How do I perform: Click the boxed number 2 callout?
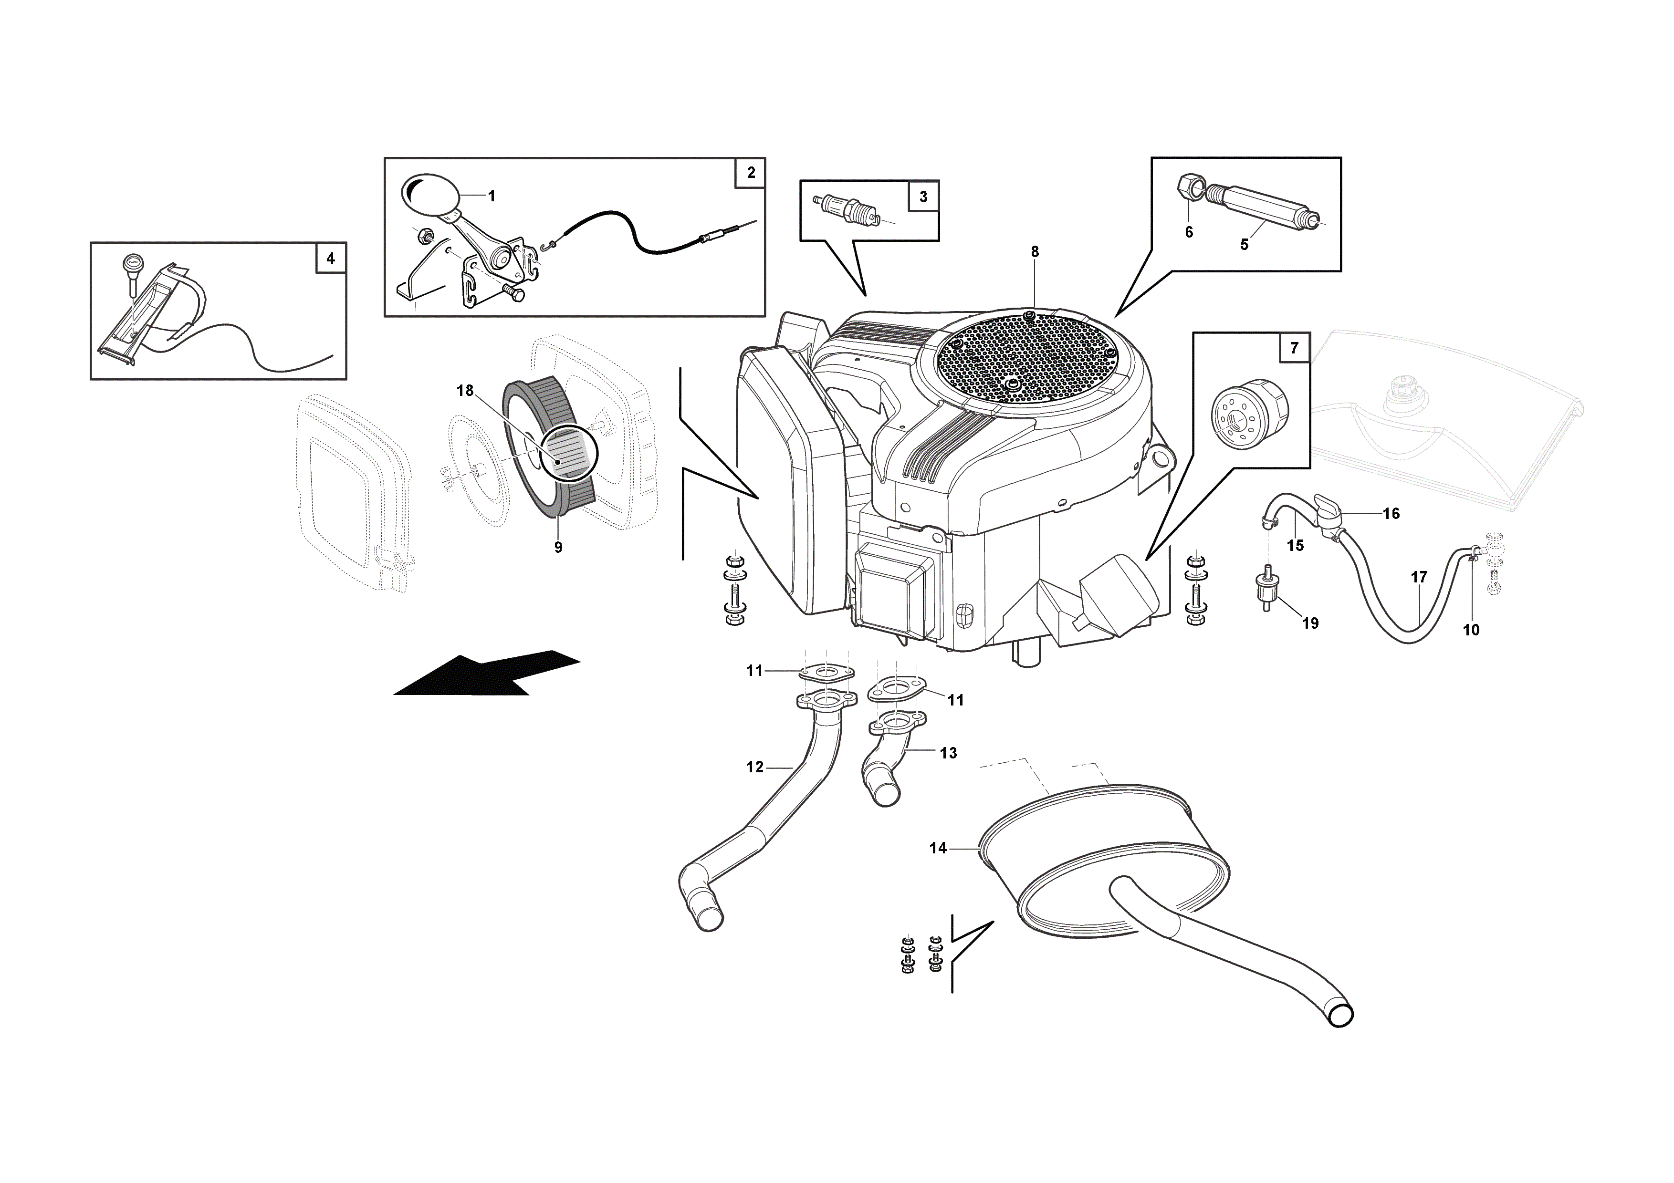click(x=750, y=173)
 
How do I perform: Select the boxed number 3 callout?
click(x=923, y=196)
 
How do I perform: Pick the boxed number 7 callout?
click(x=1294, y=348)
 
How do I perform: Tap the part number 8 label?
click(x=1035, y=251)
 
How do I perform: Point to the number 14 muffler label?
click(x=938, y=848)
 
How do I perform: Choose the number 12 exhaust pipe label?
click(x=754, y=766)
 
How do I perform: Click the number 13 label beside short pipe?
click(x=948, y=752)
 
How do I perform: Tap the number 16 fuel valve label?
click(x=1391, y=513)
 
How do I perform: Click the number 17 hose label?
click(x=1419, y=577)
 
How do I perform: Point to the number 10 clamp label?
click(x=1471, y=630)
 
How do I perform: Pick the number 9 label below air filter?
click(x=558, y=547)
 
